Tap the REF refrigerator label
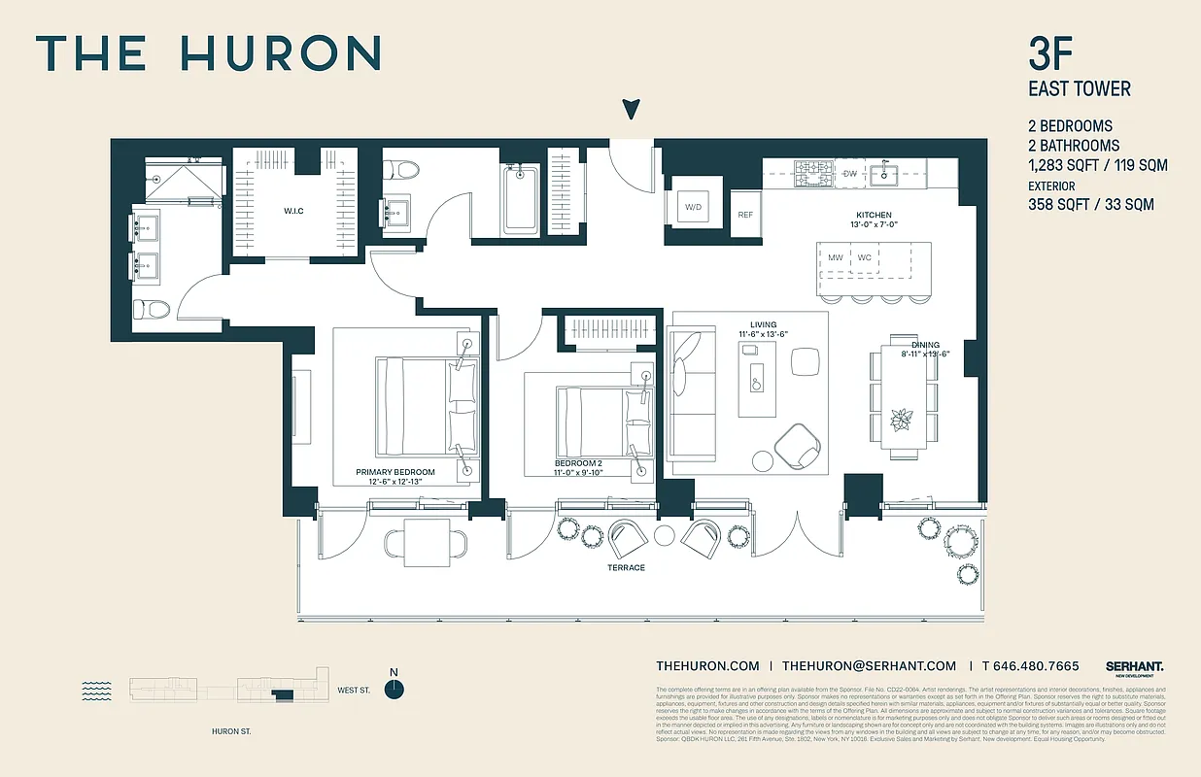click(745, 215)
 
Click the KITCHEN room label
click(874, 216)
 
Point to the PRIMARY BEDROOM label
click(395, 472)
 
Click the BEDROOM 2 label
click(579, 463)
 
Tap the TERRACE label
click(627, 567)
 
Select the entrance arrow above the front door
click(632, 109)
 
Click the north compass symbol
click(394, 689)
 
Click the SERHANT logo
click(1134, 666)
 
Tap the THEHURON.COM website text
click(707, 666)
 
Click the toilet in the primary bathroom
click(152, 310)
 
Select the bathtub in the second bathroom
click(520, 199)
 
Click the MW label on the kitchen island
click(836, 257)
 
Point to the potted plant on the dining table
click(903, 419)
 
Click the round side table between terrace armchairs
click(665, 535)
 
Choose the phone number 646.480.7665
click(1031, 666)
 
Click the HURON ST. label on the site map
click(231, 731)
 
